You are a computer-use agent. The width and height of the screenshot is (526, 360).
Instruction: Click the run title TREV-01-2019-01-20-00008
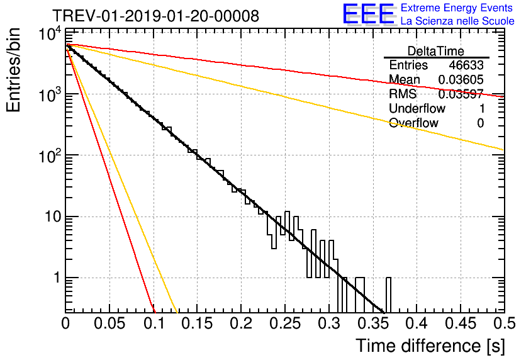coord(155,16)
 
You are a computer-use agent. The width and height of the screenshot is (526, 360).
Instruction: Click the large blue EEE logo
coord(368,14)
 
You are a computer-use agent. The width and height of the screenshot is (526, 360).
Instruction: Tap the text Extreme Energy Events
coord(457,8)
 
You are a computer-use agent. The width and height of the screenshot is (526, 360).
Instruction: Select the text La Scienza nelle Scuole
coord(457,21)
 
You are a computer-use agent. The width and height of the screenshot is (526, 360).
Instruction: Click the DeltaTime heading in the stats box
coord(436,51)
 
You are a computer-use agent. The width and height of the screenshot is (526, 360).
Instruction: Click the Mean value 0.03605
coord(461,80)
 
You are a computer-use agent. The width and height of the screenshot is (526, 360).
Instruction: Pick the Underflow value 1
coord(481,109)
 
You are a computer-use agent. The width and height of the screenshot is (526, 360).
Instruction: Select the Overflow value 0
coord(480,123)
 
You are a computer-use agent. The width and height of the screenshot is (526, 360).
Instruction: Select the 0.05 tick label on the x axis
coord(109,324)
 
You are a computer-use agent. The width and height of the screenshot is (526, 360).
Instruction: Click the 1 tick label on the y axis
coord(55,278)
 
